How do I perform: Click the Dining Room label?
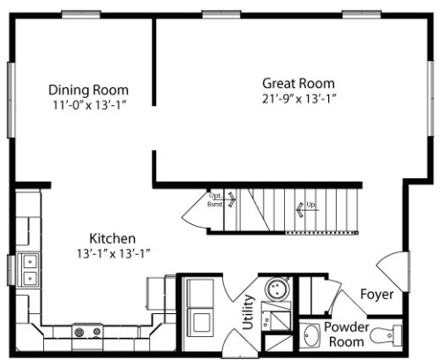pos(88,90)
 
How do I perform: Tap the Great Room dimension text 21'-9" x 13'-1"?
pos(299,99)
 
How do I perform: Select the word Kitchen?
pos(112,238)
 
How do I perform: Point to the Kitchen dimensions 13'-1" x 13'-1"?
pos(114,253)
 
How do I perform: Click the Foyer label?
pos(377,295)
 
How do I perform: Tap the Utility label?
pos(248,311)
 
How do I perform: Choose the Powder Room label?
pos(347,334)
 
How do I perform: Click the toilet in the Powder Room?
pos(386,335)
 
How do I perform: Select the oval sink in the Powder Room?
pos(310,335)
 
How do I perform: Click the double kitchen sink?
pos(29,269)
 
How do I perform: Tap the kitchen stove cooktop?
pos(87,333)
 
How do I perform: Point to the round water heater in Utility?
pos(278,289)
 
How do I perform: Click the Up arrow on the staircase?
pos(300,209)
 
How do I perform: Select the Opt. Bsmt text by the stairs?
pos(215,199)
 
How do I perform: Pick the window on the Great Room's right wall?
pos(430,98)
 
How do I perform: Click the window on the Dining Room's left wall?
pos(11,100)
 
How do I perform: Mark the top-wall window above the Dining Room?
pos(81,14)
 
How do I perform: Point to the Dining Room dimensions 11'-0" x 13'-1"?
pos(89,105)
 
